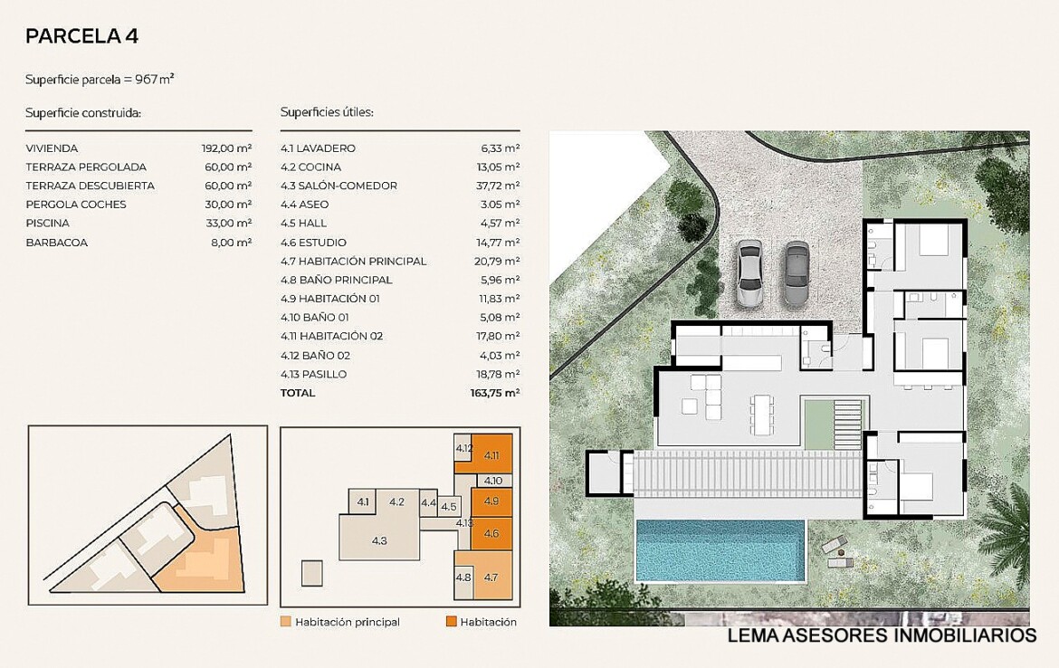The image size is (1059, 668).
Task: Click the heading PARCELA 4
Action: tap(81, 36)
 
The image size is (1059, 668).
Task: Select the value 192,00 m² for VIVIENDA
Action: tap(226, 148)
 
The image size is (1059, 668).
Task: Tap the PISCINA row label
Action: tap(47, 223)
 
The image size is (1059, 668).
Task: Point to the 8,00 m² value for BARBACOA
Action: tap(231, 242)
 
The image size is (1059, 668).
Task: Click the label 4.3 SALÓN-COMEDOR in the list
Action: tap(339, 186)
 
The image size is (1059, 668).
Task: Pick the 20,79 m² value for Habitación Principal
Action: tap(497, 261)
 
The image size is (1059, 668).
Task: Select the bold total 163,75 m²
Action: tap(495, 393)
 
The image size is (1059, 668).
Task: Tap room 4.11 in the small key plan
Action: tap(491, 454)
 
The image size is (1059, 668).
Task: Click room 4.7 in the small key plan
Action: tap(491, 577)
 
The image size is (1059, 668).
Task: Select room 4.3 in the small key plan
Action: tap(379, 539)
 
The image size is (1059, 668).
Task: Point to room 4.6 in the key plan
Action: tap(491, 533)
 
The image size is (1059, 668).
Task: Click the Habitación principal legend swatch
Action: tap(286, 622)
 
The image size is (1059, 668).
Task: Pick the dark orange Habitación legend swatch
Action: tap(451, 622)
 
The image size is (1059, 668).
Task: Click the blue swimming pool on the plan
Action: tap(720, 550)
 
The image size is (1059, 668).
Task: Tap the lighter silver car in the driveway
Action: tap(749, 273)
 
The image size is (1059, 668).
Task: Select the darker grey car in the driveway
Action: tap(797, 273)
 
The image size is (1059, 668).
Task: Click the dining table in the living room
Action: tap(761, 414)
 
